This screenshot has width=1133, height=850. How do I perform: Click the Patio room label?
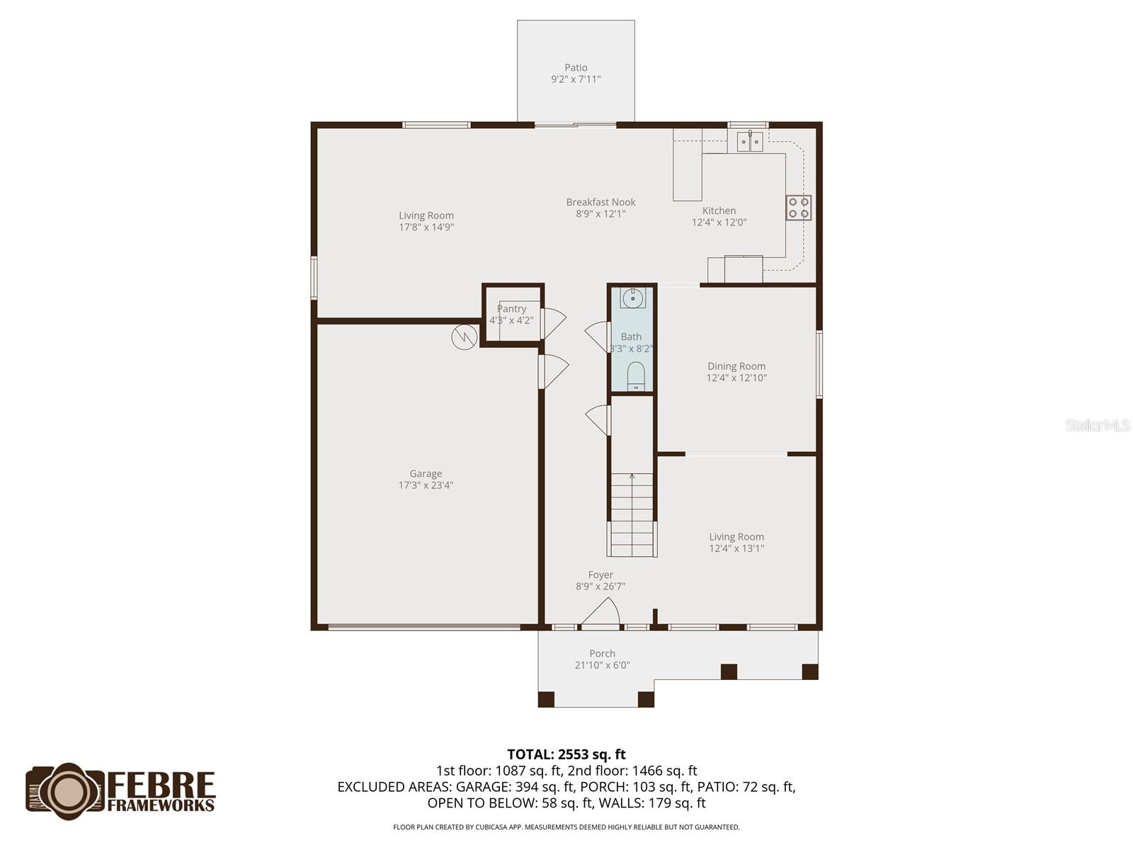(576, 68)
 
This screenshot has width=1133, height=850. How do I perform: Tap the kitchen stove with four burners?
(798, 208)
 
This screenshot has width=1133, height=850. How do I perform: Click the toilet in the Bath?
(636, 376)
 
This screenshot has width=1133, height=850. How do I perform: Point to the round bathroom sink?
(632, 298)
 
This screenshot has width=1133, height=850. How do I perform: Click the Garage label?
(426, 474)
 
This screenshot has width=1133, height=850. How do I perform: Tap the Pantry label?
(511, 309)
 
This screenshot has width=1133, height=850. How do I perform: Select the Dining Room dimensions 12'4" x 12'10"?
(736, 378)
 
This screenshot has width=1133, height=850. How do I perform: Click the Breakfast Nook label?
(600, 202)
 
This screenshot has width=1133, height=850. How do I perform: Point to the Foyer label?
(600, 575)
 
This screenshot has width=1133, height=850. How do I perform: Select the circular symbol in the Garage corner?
(463, 337)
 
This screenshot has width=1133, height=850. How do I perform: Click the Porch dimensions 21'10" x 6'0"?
(602, 665)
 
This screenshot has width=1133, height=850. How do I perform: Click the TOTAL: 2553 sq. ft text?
(566, 754)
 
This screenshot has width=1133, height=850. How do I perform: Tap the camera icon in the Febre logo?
(66, 791)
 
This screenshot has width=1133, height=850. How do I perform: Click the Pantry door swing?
(554, 319)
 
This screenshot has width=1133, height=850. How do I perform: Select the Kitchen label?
(719, 210)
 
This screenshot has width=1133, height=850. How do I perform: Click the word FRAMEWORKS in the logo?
(161, 805)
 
